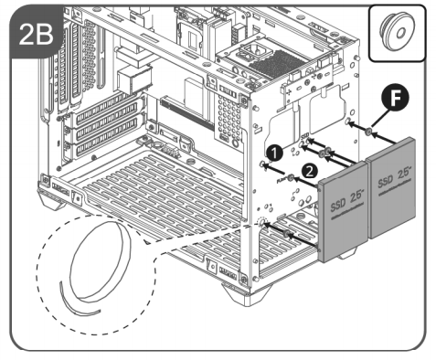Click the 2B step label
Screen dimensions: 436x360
[36, 34]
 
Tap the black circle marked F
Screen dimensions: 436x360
[395, 99]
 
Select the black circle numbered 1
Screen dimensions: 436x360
[274, 154]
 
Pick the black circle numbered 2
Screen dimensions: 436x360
[309, 172]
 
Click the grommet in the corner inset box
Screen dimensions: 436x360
[396, 31]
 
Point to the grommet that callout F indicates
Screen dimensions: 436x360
[368, 132]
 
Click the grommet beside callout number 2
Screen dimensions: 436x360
[291, 178]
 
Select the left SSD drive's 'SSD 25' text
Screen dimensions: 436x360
[347, 202]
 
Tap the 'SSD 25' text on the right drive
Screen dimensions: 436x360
[395, 177]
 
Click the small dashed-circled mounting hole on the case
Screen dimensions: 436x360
[261, 223]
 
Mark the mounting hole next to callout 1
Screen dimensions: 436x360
[261, 164]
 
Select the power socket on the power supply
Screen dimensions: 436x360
[250, 51]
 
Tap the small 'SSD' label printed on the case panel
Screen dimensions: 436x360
[304, 136]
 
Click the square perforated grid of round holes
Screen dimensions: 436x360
[229, 117]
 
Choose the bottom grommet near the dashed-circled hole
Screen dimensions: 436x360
[286, 234]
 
